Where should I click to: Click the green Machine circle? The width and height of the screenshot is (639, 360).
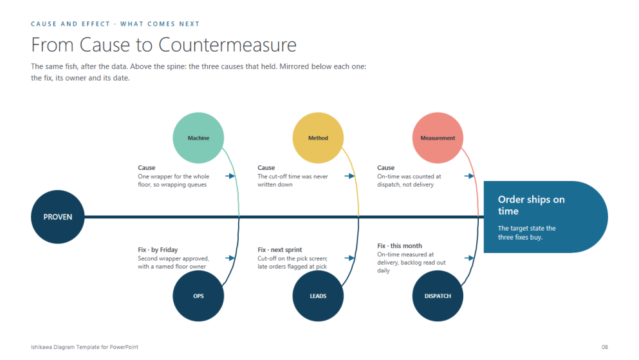198,138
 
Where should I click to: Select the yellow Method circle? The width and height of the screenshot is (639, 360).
318,138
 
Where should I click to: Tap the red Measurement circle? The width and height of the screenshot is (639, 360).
438,138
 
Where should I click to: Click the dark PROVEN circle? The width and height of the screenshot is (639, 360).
58,217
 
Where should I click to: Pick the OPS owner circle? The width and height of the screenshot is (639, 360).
198,296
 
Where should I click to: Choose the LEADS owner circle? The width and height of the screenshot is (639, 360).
318,296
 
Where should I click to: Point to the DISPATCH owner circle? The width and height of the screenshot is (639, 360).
438,296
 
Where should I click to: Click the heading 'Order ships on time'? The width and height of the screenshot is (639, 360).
532,205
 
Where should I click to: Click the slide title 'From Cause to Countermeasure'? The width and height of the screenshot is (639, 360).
164,44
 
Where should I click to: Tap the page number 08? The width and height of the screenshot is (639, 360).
605,347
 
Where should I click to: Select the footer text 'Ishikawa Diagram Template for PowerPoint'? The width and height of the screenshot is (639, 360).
85,347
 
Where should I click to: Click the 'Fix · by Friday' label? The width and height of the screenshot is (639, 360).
158,249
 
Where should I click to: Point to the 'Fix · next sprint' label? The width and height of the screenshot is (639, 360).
279,249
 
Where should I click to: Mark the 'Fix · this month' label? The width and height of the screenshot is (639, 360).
400,246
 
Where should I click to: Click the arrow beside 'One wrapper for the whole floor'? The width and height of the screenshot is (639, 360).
230,176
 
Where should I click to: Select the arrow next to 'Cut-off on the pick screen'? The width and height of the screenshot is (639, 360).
349,258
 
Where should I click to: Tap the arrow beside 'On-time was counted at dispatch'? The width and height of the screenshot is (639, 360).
470,176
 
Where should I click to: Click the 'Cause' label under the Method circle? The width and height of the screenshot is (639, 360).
266,167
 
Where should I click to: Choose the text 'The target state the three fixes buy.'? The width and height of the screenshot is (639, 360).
526,232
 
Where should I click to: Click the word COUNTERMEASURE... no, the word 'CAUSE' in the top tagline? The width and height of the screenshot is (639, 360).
44,24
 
